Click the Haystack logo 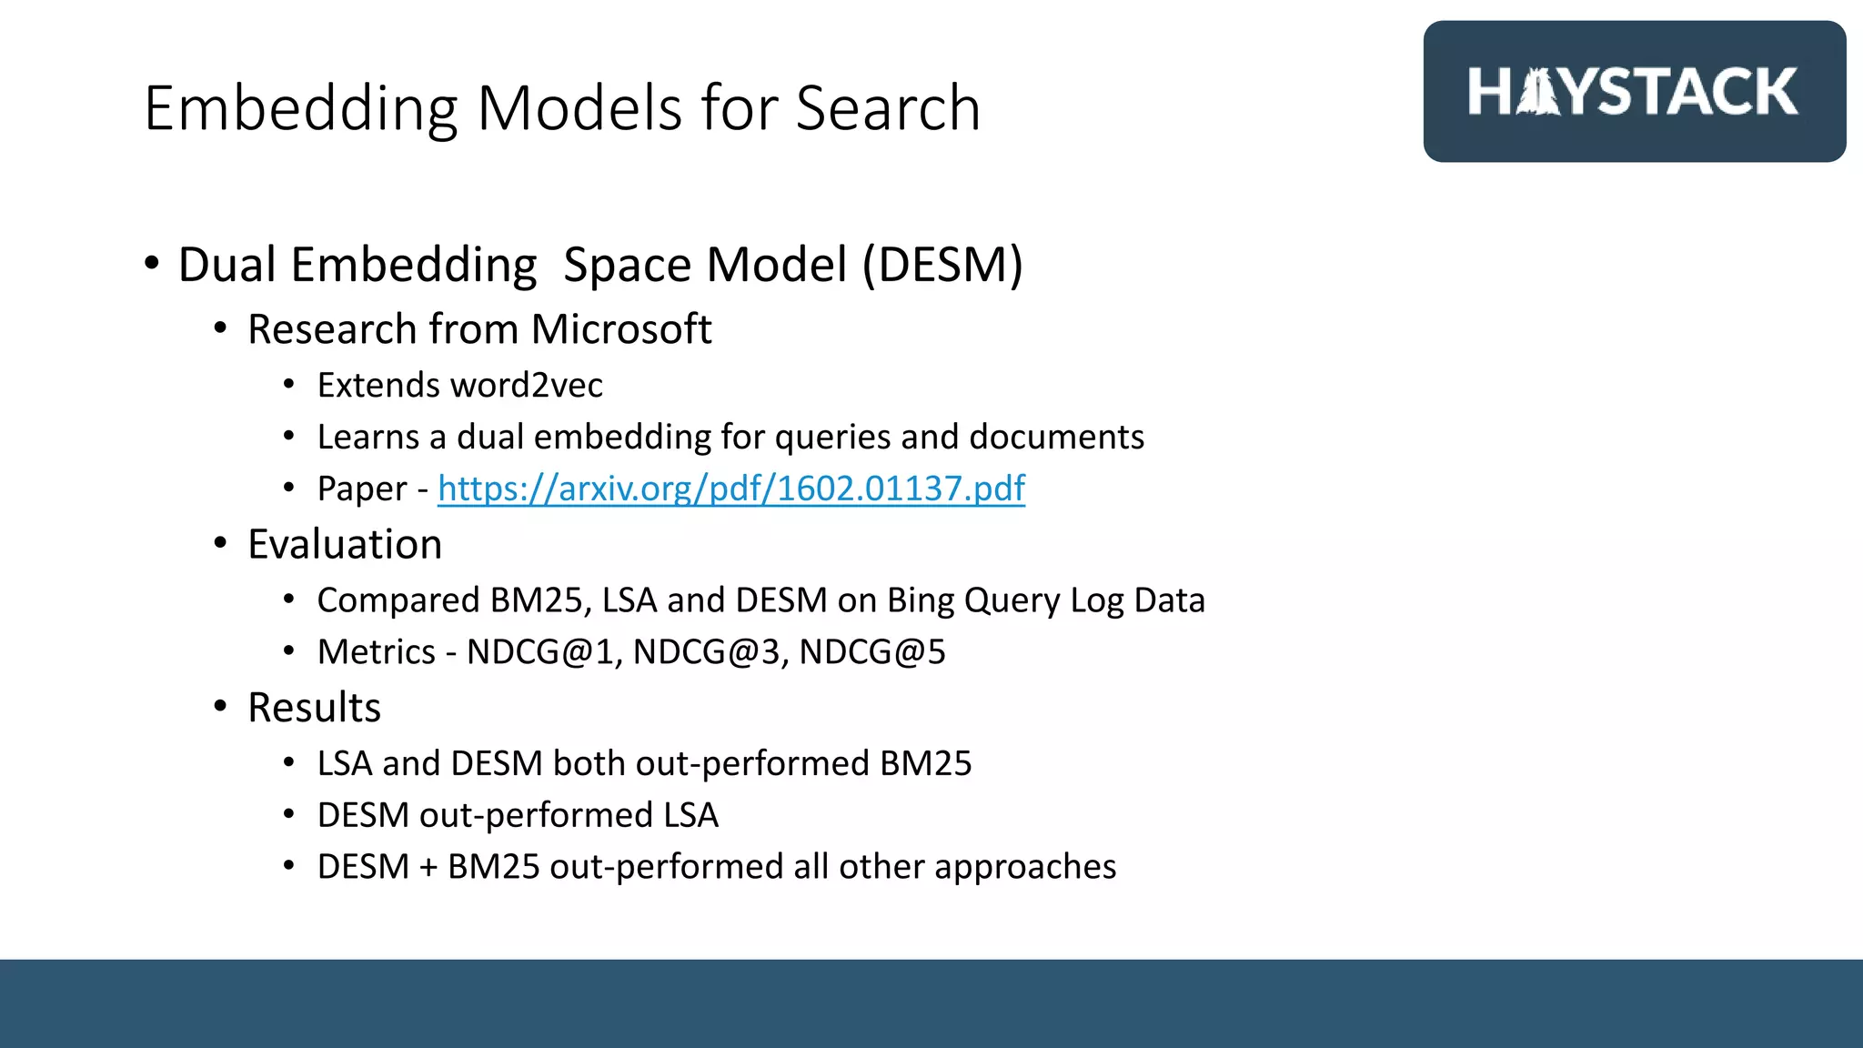(1634, 92)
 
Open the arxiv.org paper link (731, 489)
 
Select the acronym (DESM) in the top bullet (942, 265)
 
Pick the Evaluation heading (345, 544)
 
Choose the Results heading (314, 708)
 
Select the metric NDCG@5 (872, 652)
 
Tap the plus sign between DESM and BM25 (428, 867)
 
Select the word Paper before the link (362, 489)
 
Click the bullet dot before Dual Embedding (152, 264)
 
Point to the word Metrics (377, 652)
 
